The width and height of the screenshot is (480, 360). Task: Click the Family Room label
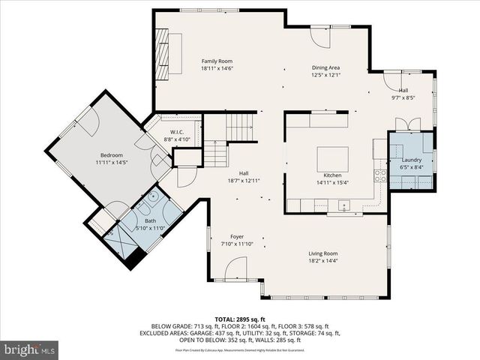[217, 61]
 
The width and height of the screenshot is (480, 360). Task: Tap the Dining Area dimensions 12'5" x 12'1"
[326, 75]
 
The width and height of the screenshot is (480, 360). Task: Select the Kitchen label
[332, 174]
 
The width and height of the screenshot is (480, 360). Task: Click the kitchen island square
[331, 158]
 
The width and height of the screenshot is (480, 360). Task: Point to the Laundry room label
[411, 160]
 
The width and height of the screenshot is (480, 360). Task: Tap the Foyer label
[237, 236]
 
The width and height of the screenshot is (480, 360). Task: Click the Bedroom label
[111, 154]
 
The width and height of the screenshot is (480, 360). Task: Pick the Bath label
[151, 220]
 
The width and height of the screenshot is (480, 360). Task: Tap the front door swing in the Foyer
[235, 268]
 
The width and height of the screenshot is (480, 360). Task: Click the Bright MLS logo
[30, 349]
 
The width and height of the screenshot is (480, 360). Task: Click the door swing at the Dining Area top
[321, 37]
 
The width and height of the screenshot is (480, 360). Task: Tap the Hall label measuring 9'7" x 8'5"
[403, 90]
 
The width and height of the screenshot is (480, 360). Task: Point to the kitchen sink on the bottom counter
[343, 205]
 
